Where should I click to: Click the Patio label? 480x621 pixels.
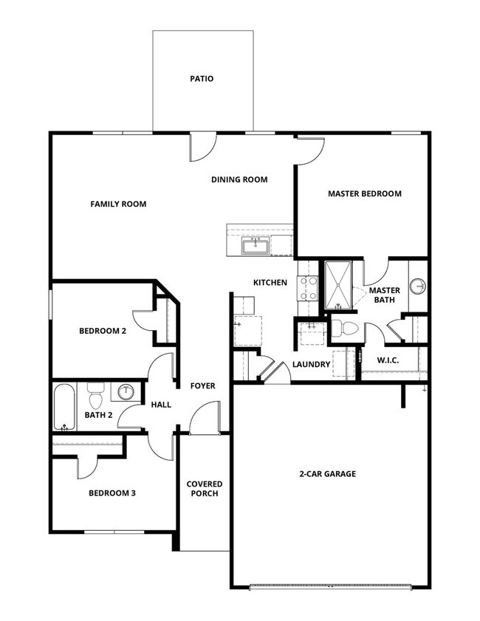(x=201, y=78)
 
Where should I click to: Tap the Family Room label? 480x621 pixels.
(x=118, y=204)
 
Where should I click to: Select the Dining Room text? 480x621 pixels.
(x=239, y=179)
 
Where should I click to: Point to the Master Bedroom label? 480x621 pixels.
(x=365, y=193)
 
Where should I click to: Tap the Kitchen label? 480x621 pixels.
(x=270, y=283)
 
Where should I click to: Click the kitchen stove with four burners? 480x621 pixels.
(x=306, y=288)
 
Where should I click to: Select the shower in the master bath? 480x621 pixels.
(x=340, y=284)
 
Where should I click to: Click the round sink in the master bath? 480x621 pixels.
(x=418, y=285)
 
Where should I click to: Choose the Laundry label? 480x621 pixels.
(x=310, y=364)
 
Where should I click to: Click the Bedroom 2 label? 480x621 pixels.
(x=103, y=332)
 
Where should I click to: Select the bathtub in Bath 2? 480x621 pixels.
(x=64, y=407)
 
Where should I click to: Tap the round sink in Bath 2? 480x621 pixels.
(x=126, y=391)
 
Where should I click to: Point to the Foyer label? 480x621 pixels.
(x=203, y=385)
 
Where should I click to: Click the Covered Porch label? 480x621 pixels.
(x=204, y=489)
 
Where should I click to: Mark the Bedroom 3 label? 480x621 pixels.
(x=112, y=493)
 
